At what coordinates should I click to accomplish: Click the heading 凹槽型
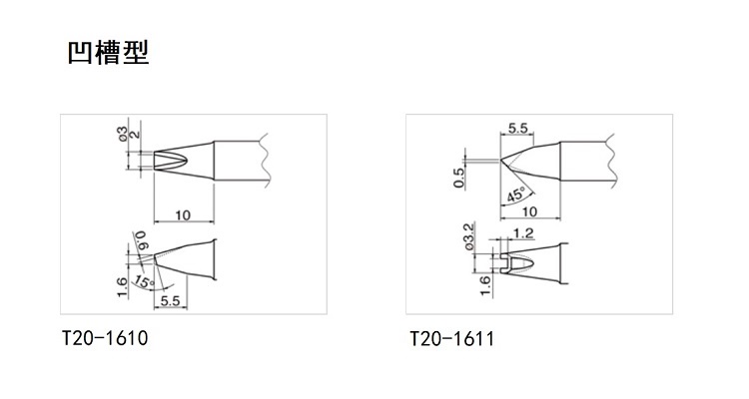click(x=108, y=52)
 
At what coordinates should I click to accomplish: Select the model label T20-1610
click(x=105, y=338)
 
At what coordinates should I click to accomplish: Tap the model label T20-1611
click(x=451, y=339)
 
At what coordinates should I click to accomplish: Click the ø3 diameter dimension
click(x=122, y=137)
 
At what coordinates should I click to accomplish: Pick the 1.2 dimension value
click(x=520, y=234)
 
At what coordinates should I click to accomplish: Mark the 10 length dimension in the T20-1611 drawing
click(x=530, y=212)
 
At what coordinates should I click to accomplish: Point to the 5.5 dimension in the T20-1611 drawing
click(x=518, y=128)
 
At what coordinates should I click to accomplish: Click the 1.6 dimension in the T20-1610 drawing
click(x=122, y=287)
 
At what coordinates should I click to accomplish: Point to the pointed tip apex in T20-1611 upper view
click(x=502, y=160)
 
